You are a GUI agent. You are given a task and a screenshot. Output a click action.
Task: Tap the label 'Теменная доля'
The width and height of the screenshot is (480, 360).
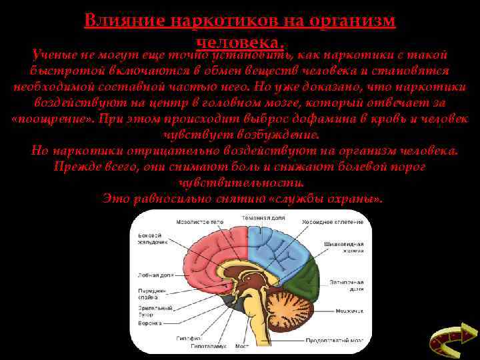point(263,218)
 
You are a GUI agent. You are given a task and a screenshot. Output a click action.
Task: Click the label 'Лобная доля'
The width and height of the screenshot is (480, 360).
point(153,274)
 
